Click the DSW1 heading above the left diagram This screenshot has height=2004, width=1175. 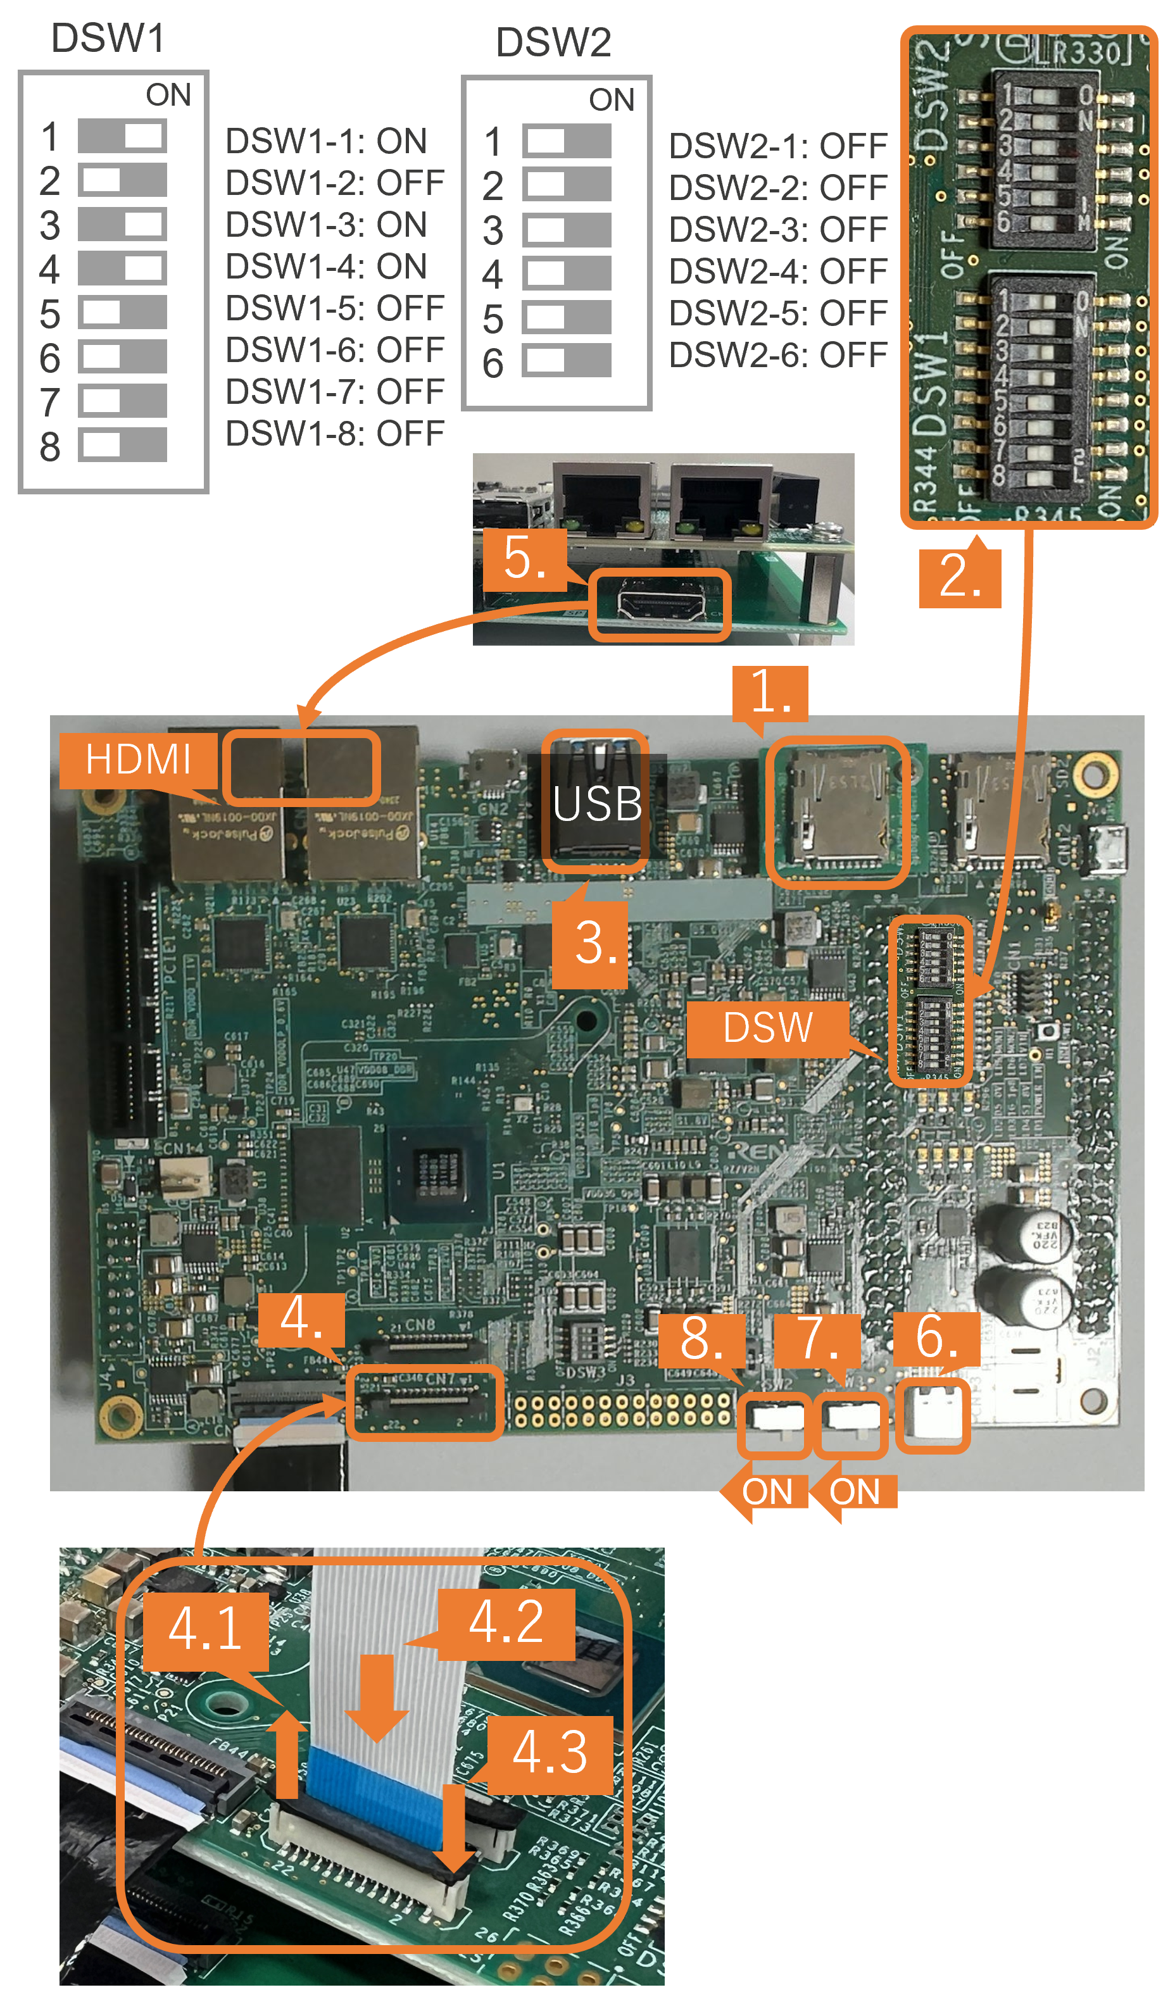tap(108, 38)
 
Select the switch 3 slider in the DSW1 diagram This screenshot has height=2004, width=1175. tap(123, 224)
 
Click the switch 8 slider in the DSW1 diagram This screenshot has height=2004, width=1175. tap(123, 444)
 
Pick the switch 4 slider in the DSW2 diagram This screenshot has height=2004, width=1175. tap(567, 273)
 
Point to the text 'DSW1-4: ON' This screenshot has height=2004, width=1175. tap(326, 266)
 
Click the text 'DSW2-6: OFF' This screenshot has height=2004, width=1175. tap(777, 354)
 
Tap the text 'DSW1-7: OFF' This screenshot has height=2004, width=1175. tap(334, 392)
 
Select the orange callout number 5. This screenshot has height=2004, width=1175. tap(524, 558)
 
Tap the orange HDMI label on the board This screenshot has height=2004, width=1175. tap(139, 760)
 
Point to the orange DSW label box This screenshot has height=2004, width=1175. tap(768, 1027)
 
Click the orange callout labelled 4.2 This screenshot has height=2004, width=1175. tap(506, 1622)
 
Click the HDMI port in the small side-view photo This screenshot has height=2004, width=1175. tap(660, 605)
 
